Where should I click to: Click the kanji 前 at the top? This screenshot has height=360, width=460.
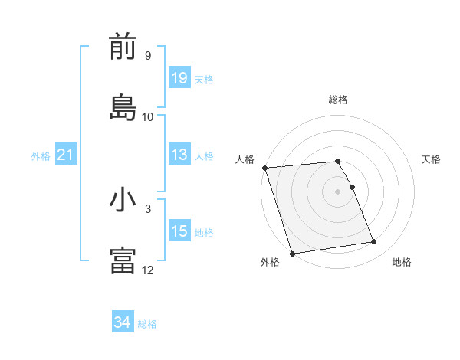click(123, 47)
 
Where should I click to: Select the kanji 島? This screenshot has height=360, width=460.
click(123, 108)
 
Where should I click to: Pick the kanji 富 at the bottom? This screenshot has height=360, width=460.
click(123, 261)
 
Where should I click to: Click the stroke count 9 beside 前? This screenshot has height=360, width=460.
click(147, 56)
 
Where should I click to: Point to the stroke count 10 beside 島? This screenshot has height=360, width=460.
click(147, 116)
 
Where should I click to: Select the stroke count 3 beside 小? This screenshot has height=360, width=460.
click(147, 208)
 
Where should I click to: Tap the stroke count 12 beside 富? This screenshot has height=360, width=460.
click(147, 270)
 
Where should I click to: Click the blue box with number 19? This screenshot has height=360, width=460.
click(179, 78)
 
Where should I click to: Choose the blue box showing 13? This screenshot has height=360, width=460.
click(179, 155)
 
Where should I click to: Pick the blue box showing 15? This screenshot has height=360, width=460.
click(179, 231)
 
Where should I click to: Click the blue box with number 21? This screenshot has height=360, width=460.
click(66, 155)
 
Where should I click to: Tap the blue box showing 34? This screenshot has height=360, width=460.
click(123, 323)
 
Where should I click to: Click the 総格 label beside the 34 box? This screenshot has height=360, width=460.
click(147, 324)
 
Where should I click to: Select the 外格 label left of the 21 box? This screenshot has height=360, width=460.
click(41, 156)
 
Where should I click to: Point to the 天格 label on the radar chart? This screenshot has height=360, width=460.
click(432, 159)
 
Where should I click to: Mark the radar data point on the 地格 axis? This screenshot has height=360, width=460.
click(374, 242)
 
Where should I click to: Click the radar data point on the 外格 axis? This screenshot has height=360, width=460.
click(292, 253)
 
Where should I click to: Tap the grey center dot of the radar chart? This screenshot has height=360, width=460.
click(338, 191)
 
